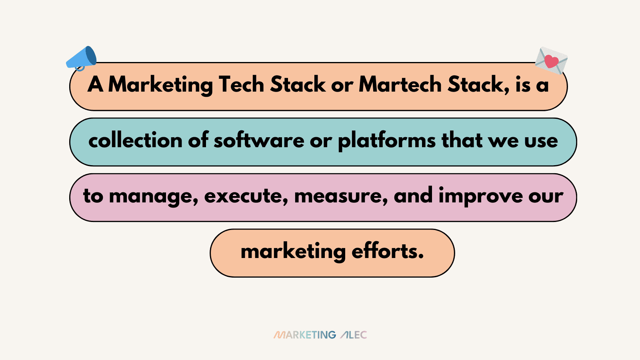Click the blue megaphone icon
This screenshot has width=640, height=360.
tap(82, 58)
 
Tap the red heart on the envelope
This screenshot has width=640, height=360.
tap(552, 61)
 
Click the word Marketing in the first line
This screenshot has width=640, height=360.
tap(160, 85)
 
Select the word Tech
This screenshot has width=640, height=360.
tap(241, 84)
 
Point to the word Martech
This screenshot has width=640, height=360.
tap(400, 84)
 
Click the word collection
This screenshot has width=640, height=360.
tap(135, 140)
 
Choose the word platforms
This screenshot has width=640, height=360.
tap(387, 141)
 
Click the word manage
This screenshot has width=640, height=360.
tap(153, 196)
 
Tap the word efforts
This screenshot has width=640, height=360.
tap(387, 251)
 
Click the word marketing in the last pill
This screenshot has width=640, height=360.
tap(293, 252)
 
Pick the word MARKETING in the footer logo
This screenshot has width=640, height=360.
tap(305, 335)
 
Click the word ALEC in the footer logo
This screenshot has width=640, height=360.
tap(354, 335)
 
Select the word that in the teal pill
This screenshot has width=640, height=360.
tap(462, 140)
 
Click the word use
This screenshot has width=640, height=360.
tap(541, 140)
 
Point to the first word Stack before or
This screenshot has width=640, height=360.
tap(298, 84)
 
